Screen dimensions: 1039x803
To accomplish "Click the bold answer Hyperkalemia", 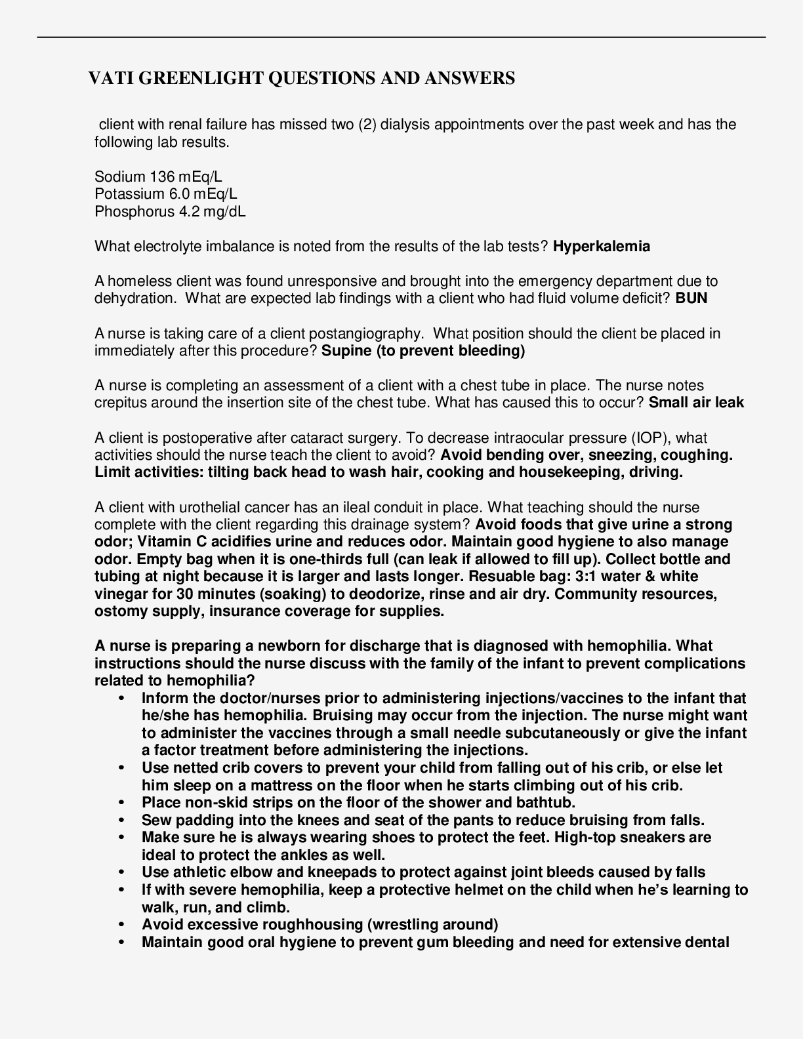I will tap(602, 247).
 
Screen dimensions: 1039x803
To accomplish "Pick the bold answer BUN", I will tap(691, 298).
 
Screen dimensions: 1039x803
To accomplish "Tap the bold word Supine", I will tap(346, 351).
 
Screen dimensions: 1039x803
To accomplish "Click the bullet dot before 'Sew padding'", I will tap(121, 821).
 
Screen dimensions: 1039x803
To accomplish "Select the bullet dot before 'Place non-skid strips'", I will tap(121, 803).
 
